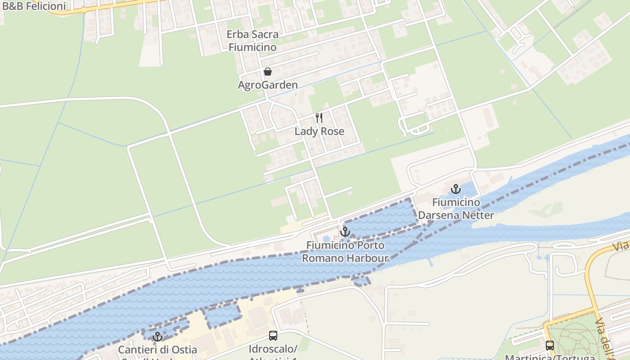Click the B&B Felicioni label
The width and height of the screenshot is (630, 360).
[34, 6]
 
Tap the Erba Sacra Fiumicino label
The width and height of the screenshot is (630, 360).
[252, 40]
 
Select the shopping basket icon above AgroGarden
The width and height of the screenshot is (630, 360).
[268, 72]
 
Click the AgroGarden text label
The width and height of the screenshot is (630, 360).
[268, 85]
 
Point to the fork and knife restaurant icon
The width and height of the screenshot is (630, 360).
[319, 118]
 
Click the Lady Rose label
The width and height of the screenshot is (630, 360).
[319, 131]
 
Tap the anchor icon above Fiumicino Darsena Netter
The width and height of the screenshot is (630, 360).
[456, 189]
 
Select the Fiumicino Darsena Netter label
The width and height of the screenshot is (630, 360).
[456, 209]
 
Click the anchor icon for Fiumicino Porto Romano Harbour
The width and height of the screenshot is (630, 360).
[345, 232]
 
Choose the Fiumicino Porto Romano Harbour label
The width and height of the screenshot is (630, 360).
[345, 252]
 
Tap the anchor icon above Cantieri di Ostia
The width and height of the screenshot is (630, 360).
[157, 336]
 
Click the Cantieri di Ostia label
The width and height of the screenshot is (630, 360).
[157, 350]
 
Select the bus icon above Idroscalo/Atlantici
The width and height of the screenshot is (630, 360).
[273, 335]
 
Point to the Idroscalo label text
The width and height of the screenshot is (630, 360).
[273, 350]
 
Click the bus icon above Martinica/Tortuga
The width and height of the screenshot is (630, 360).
[550, 345]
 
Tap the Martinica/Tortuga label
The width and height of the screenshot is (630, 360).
[550, 357]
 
